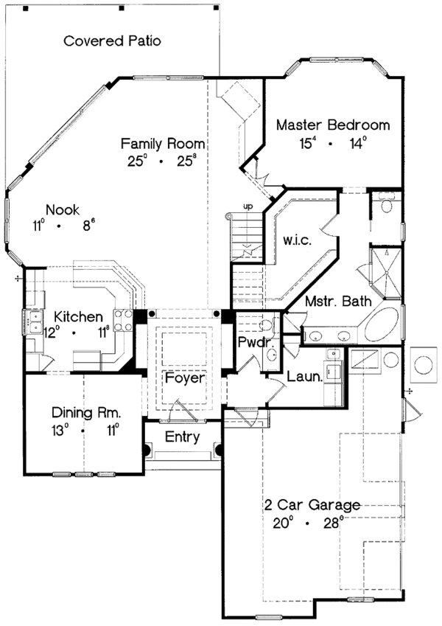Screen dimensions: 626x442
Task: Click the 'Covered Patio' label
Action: (x=112, y=41)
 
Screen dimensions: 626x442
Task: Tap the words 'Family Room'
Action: (x=163, y=143)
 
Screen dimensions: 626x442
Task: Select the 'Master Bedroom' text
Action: (x=333, y=125)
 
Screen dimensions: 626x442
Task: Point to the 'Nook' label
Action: (x=62, y=209)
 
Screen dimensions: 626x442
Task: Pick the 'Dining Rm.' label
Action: (x=85, y=413)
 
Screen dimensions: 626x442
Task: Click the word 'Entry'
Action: (x=182, y=437)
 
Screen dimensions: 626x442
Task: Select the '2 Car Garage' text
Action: (x=312, y=505)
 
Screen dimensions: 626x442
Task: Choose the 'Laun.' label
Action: (x=303, y=377)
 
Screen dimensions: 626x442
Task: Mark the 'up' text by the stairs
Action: (x=248, y=206)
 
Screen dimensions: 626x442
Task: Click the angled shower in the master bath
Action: (x=385, y=269)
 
